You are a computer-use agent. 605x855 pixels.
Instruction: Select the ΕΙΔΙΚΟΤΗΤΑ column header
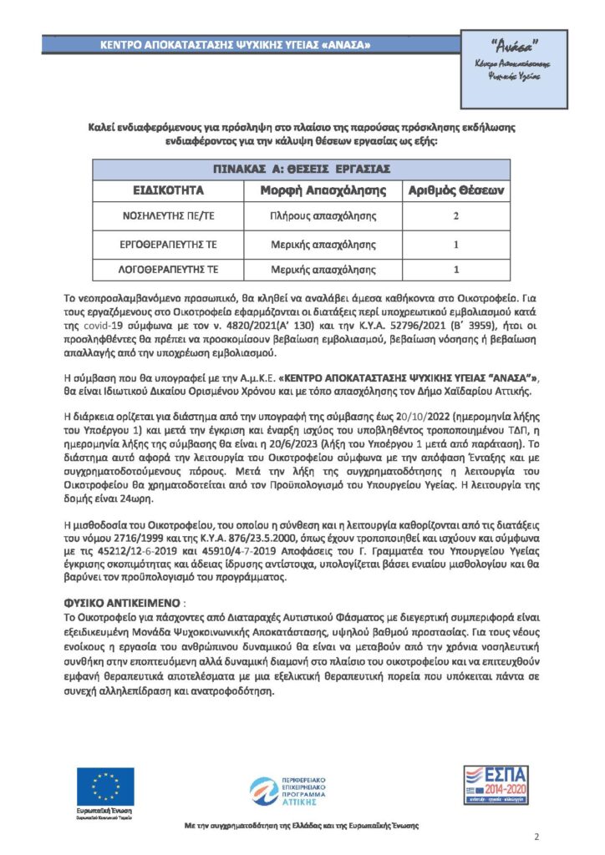pos(163,190)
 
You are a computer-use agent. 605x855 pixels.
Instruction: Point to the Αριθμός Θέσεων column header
pos(456,190)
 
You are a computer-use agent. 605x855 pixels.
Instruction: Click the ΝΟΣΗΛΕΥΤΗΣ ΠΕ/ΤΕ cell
pos(163,216)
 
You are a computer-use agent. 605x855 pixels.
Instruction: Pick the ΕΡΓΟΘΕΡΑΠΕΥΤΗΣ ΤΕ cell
pos(163,245)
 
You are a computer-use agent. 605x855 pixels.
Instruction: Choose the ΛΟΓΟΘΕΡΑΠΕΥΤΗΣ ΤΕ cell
pos(163,271)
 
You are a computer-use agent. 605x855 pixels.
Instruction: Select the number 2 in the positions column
pos(456,216)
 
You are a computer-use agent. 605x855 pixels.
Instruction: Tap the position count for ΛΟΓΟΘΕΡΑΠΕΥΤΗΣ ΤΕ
pos(456,271)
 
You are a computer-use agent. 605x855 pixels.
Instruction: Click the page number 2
pos(536,837)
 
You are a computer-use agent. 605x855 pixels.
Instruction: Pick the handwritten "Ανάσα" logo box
pos(512,69)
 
